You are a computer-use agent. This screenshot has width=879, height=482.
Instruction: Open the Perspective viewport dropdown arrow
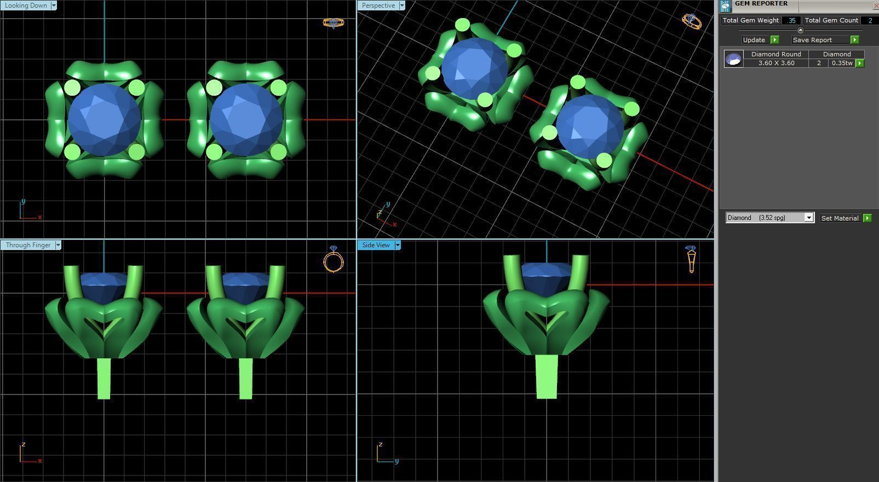(x=401, y=5)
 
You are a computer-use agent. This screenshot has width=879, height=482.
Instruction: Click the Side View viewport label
(x=376, y=245)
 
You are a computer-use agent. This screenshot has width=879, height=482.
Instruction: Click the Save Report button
(x=812, y=40)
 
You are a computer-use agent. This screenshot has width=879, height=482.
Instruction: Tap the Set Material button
(x=840, y=218)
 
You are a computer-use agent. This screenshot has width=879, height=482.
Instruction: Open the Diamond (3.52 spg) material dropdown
(x=808, y=218)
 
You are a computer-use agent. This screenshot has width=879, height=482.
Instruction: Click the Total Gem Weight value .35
(x=791, y=20)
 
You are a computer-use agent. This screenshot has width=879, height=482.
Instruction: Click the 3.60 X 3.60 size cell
(x=776, y=63)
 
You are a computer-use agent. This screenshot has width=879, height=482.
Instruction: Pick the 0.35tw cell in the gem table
(x=842, y=63)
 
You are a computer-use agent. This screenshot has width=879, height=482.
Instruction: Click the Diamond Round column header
(x=776, y=54)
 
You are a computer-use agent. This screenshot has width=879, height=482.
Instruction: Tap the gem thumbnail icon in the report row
(x=733, y=59)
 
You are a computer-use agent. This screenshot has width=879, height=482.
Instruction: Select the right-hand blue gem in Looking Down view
(x=246, y=120)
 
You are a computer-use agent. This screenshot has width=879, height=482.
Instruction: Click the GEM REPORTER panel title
(x=761, y=4)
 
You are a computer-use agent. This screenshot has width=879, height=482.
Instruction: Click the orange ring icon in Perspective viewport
(x=691, y=21)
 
